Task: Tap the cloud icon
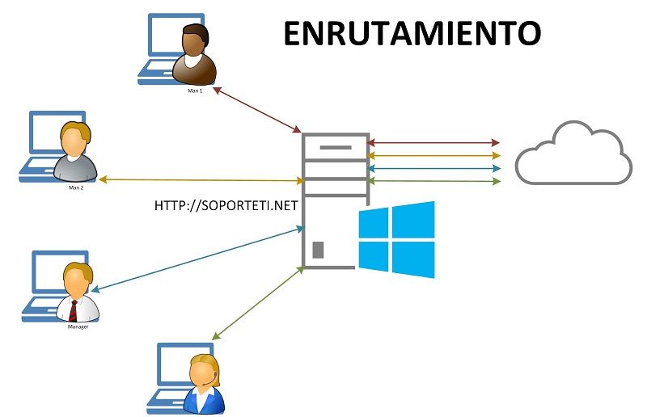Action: pyautogui.click(x=573, y=154)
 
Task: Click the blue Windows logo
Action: pyautogui.click(x=397, y=239)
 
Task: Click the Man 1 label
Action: pyautogui.click(x=194, y=91)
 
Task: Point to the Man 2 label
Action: pyautogui.click(x=77, y=185)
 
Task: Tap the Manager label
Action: pyautogui.click(x=78, y=326)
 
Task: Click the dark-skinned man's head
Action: pyautogui.click(x=195, y=40)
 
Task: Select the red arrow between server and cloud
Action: pyautogui.click(x=433, y=143)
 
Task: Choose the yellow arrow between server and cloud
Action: pyautogui.click(x=433, y=155)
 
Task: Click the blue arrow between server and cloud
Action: pyautogui.click(x=433, y=169)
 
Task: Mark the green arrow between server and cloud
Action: pyautogui.click(x=433, y=182)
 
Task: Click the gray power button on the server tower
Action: pyautogui.click(x=318, y=250)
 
